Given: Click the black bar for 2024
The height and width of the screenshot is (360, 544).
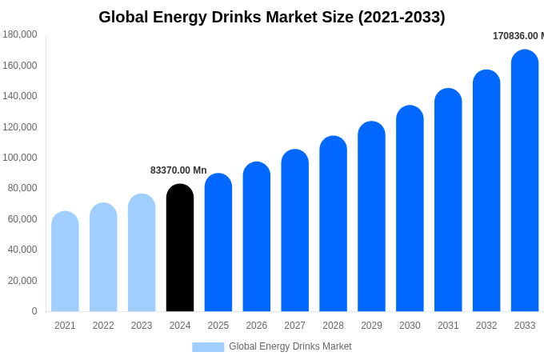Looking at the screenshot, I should pyautogui.click(x=180, y=248).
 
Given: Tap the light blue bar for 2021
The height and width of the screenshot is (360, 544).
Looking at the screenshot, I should pyautogui.click(x=65, y=262).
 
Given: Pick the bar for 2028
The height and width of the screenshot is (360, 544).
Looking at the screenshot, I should pyautogui.click(x=333, y=224).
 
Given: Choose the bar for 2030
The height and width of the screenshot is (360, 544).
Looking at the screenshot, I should pyautogui.click(x=410, y=209).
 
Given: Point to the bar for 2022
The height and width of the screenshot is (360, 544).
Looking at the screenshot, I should pyautogui.click(x=103, y=258).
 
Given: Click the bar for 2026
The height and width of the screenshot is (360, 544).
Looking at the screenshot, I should pyautogui.click(x=257, y=237).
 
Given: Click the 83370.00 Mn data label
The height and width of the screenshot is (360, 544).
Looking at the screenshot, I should pyautogui.click(x=178, y=170).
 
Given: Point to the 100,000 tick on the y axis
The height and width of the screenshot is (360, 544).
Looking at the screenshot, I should pyautogui.click(x=20, y=158).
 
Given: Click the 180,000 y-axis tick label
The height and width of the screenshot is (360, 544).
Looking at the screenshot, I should pyautogui.click(x=20, y=34).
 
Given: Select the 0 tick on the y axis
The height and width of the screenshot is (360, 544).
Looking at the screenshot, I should pyautogui.click(x=34, y=311).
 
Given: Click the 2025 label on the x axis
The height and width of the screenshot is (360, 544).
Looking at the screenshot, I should pyautogui.click(x=218, y=326).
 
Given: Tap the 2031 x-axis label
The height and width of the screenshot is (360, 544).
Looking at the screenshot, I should pyautogui.click(x=448, y=326).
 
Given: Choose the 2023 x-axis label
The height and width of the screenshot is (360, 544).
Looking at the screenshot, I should pyautogui.click(x=142, y=326).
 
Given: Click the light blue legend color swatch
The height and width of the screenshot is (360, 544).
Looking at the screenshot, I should pyautogui.click(x=208, y=347).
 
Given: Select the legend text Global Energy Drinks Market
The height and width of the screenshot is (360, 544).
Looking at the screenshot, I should pyautogui.click(x=290, y=346).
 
